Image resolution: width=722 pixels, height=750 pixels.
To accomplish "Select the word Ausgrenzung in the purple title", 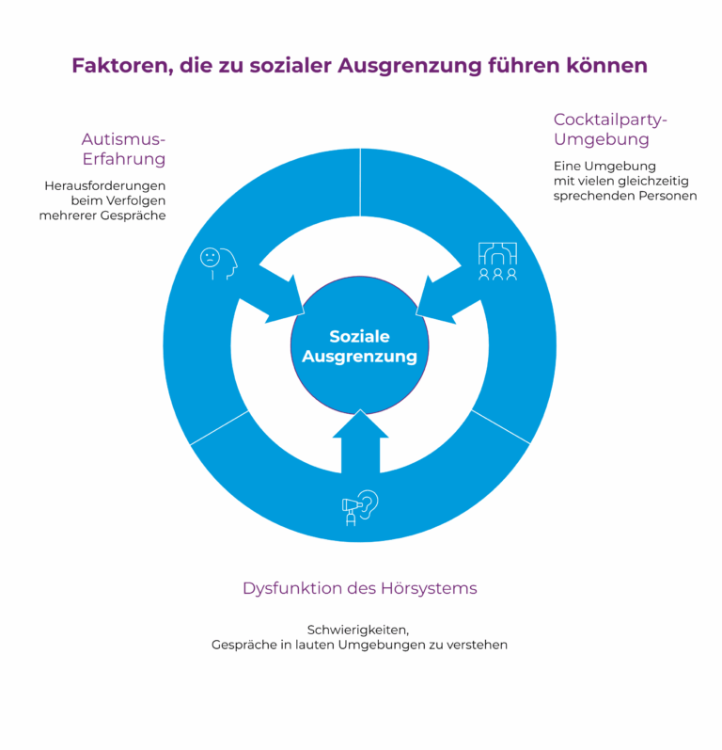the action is [410, 67].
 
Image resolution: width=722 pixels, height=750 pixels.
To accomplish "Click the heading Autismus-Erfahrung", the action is [124, 149].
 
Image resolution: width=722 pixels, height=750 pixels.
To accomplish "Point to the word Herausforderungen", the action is [105, 185].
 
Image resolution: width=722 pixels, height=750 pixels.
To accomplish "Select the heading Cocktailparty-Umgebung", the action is [610, 129].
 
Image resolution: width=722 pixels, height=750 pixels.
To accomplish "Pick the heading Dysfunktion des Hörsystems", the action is [360, 588].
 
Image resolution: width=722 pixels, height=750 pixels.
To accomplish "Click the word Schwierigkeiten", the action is [358, 630].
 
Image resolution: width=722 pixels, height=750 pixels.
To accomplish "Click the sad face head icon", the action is [219, 263].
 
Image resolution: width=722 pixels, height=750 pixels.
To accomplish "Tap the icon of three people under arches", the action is [497, 262].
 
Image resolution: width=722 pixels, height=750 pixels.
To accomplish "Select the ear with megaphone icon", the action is [360, 508].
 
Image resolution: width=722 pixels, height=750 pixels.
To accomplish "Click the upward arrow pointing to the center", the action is [360, 442].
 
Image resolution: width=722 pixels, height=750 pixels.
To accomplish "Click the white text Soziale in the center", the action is [359, 336].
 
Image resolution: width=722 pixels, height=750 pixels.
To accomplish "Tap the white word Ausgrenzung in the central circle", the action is [359, 357].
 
